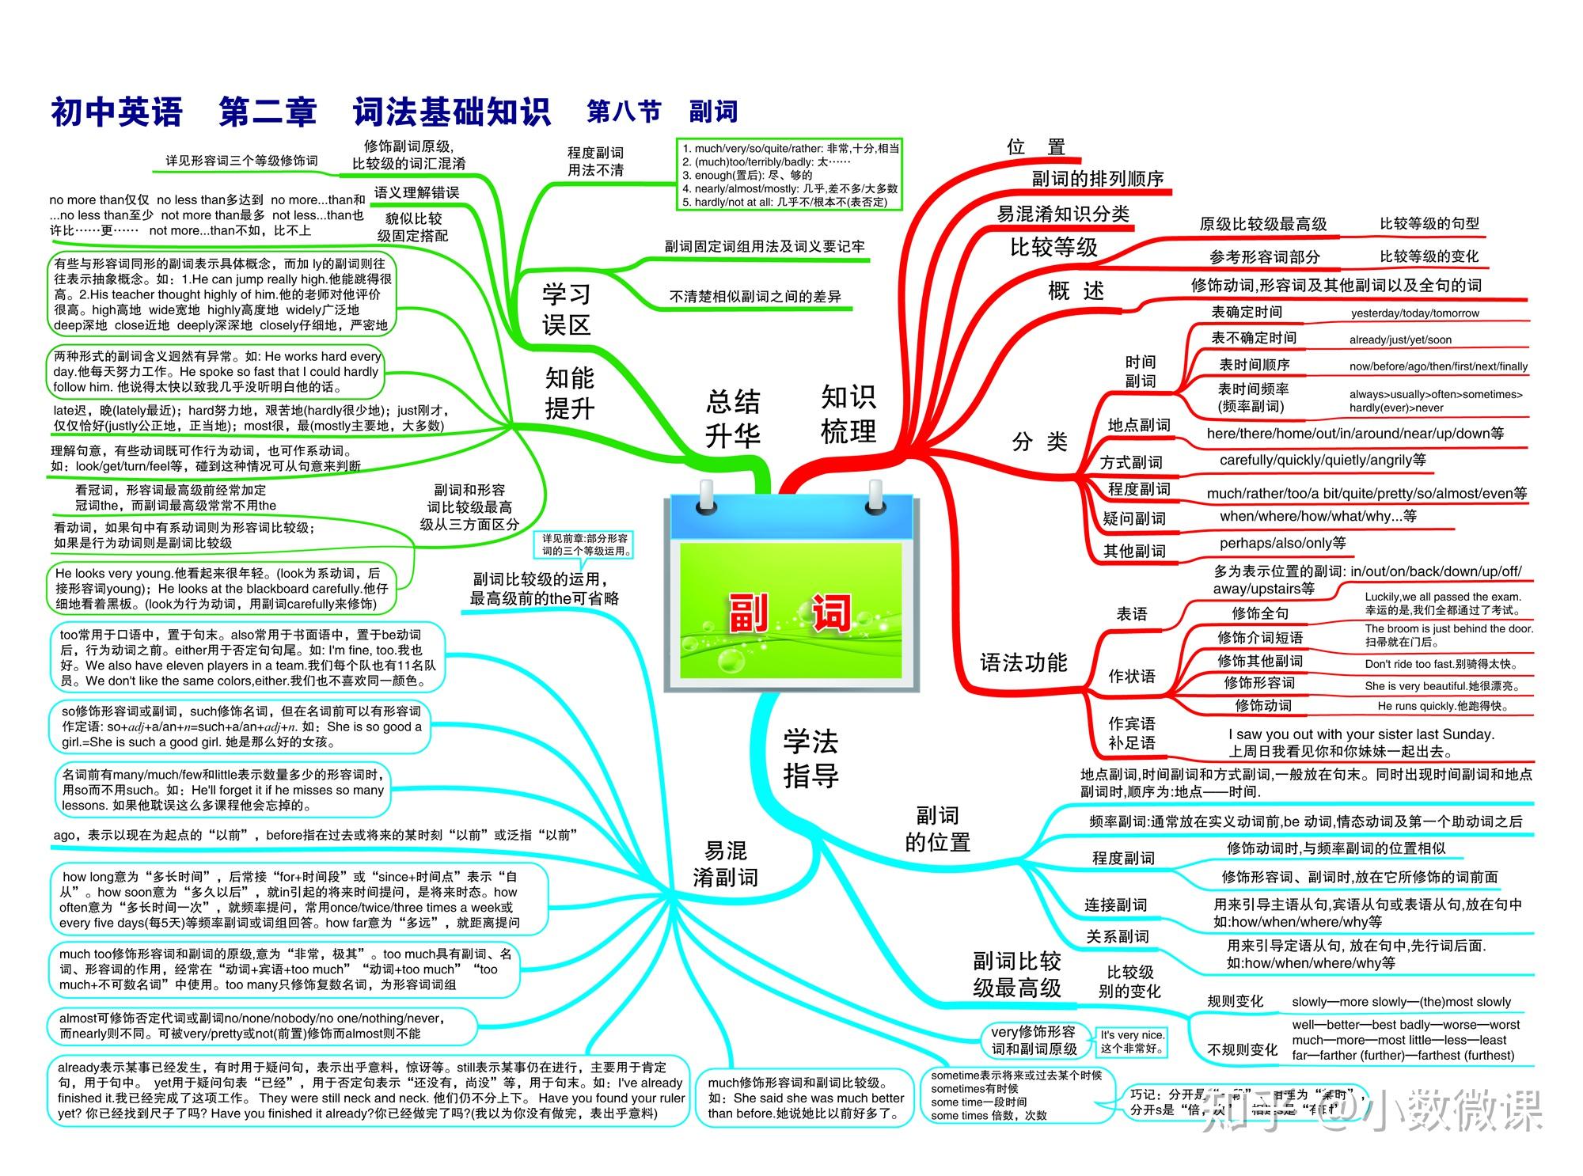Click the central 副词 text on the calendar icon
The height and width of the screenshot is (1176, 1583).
pyautogui.click(x=790, y=613)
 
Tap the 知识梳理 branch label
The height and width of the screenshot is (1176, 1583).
pyautogui.click(x=848, y=414)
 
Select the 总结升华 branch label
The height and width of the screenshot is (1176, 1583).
pyautogui.click(x=732, y=418)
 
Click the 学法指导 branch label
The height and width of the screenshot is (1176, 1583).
pyautogui.click(x=810, y=758)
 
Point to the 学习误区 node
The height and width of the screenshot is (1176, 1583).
pyautogui.click(x=566, y=309)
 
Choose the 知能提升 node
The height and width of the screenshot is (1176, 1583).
pyautogui.click(x=569, y=393)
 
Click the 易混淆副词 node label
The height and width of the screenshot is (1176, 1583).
pyautogui.click(x=725, y=863)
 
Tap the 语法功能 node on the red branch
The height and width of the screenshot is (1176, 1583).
pyautogui.click(x=1023, y=662)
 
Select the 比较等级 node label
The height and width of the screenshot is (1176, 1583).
pyautogui.click(x=1053, y=248)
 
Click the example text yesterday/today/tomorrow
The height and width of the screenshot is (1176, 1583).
pyautogui.click(x=1414, y=313)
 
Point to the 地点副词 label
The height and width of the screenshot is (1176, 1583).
pyautogui.click(x=1138, y=425)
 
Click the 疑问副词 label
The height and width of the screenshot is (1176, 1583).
pyautogui.click(x=1133, y=518)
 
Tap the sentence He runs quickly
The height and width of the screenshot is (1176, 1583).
pyautogui.click(x=1442, y=706)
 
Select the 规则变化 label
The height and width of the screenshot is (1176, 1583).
pyautogui.click(x=1235, y=1001)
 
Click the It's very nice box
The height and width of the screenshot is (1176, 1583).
pyautogui.click(x=1132, y=1041)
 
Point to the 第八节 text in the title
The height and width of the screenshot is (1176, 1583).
pyautogui.click(x=624, y=112)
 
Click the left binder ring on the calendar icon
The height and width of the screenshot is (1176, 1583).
pyautogui.click(x=705, y=498)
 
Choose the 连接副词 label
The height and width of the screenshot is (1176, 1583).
pyautogui.click(x=1115, y=905)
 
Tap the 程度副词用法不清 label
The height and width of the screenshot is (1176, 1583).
pyautogui.click(x=595, y=161)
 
